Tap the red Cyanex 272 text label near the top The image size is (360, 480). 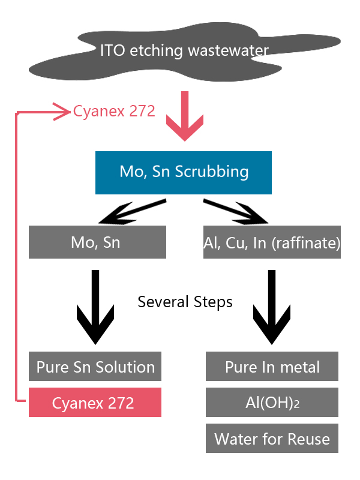click(x=114, y=111)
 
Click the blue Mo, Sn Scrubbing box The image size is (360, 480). click(x=184, y=172)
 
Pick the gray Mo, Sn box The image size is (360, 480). click(x=97, y=242)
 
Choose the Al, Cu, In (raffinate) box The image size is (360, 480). click(x=272, y=242)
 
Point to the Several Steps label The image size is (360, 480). click(x=185, y=301)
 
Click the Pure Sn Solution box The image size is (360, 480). click(x=95, y=366)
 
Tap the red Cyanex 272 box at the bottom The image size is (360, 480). click(x=95, y=403)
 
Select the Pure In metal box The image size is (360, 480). click(x=272, y=366)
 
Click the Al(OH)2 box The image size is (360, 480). click(x=272, y=403)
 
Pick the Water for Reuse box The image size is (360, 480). click(x=272, y=439)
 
